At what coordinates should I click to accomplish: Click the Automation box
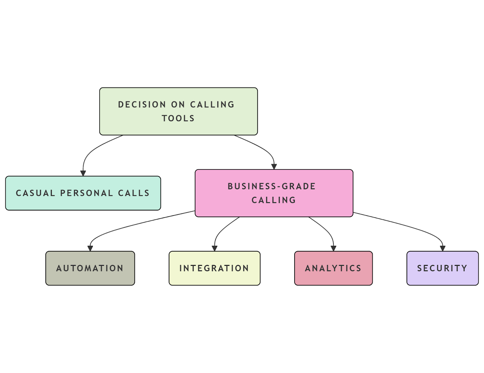click(90, 268)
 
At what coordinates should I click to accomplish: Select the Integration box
click(214, 268)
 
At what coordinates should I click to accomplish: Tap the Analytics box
click(333, 268)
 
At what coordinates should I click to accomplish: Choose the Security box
click(442, 268)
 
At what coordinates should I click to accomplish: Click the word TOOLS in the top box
click(178, 118)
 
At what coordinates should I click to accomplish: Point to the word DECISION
click(142, 104)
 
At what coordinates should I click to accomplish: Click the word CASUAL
click(35, 193)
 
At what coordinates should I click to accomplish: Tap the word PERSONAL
click(87, 193)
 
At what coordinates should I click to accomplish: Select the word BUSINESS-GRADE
click(271, 186)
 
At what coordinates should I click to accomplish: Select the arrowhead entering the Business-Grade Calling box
click(274, 167)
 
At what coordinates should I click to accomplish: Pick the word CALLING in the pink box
click(273, 200)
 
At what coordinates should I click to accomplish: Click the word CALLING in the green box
click(212, 104)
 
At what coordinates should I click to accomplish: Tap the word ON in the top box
click(178, 104)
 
